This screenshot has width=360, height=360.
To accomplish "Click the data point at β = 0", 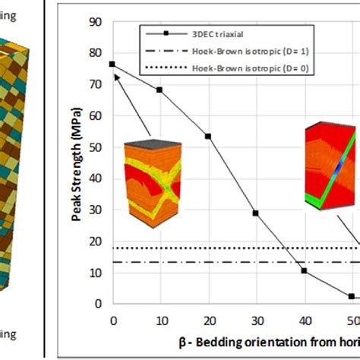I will coord(112,64).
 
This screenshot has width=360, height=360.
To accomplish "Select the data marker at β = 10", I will coord(159,90).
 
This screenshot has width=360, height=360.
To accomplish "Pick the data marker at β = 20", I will coord(207,137).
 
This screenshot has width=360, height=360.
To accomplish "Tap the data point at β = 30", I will coord(255,213).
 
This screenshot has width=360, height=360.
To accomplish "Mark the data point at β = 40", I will coord(303,270).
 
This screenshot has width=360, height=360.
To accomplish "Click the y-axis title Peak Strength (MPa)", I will coord(77,163).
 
